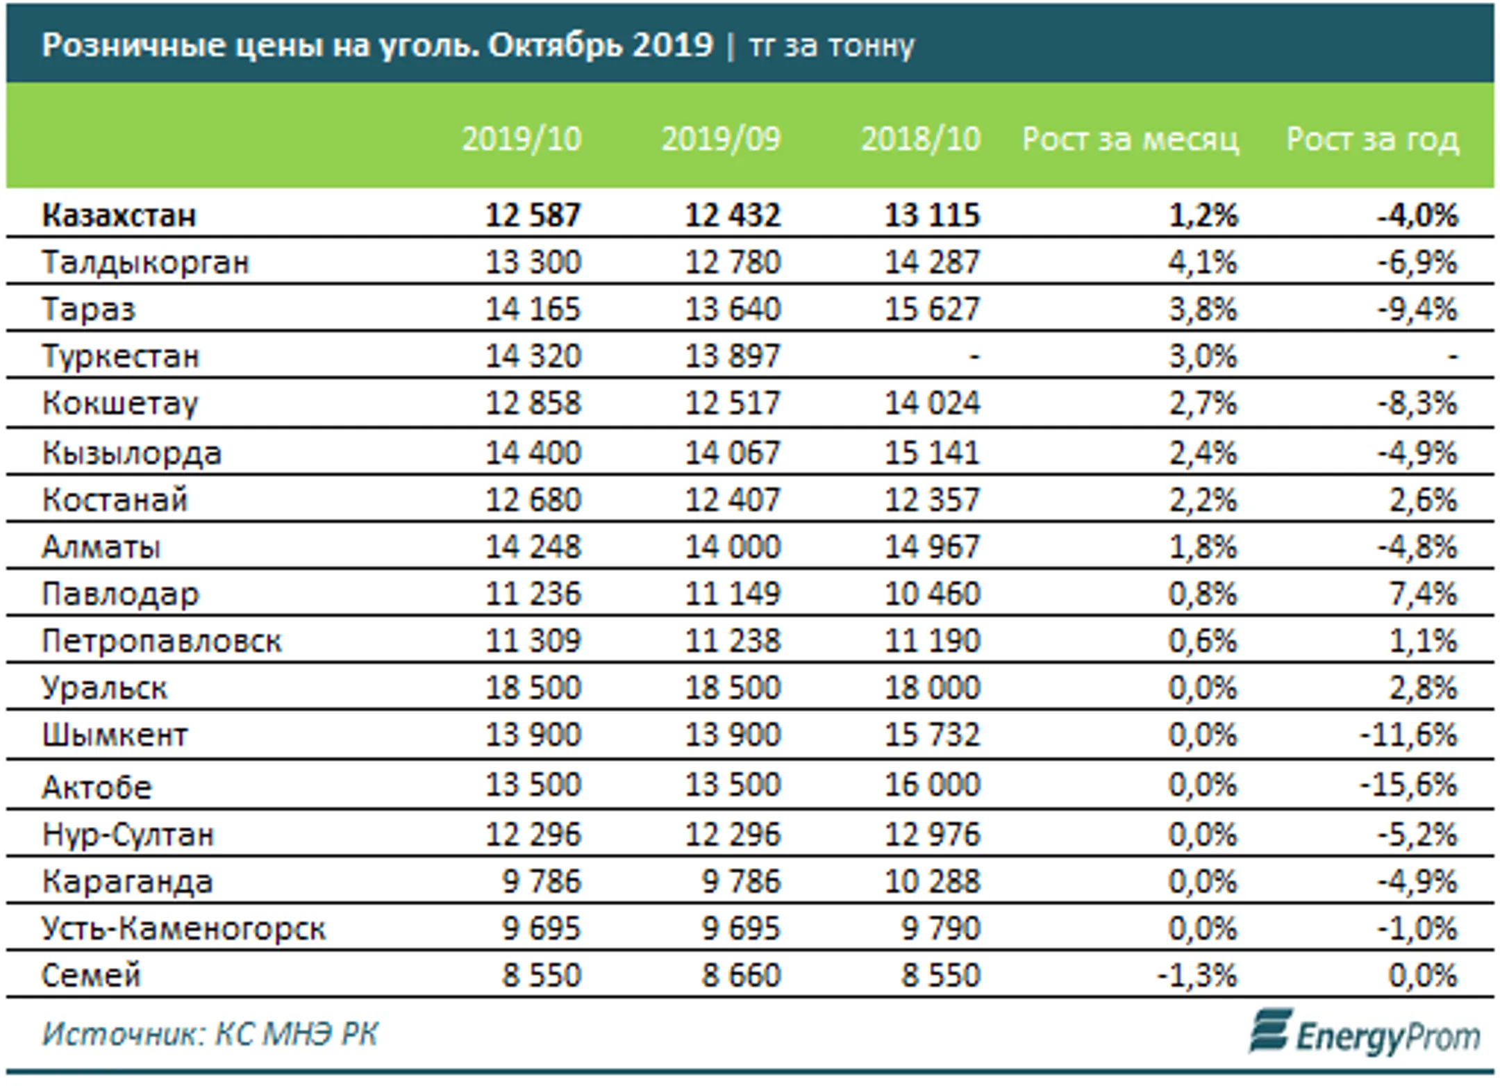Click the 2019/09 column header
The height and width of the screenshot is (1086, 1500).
tap(721, 139)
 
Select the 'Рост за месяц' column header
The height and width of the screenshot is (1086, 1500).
tap(1131, 140)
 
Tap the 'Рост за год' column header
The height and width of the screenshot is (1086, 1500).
tap(1372, 140)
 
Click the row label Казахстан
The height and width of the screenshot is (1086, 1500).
tap(119, 215)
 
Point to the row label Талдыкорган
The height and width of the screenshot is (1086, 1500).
tap(145, 263)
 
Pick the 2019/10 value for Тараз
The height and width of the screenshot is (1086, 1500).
tap(533, 309)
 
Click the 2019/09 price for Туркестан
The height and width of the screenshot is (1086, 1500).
tap(733, 356)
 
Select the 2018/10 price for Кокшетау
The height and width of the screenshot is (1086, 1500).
tap(932, 403)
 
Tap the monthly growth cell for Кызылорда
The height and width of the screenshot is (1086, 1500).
tap(1203, 453)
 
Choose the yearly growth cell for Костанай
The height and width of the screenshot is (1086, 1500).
tap(1423, 500)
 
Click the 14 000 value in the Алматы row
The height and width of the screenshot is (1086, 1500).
tap(733, 546)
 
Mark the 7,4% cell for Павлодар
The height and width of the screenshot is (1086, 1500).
tap(1423, 594)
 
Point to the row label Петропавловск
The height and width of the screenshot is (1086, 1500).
tap(162, 641)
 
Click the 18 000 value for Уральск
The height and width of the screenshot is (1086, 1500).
tap(932, 687)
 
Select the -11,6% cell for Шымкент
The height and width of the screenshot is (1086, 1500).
tap(1408, 735)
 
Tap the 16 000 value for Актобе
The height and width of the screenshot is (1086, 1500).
tap(932, 785)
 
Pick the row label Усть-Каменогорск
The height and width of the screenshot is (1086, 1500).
tap(183, 929)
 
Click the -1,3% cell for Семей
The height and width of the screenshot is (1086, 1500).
tap(1197, 976)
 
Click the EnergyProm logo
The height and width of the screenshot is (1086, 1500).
tap(1365, 1033)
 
